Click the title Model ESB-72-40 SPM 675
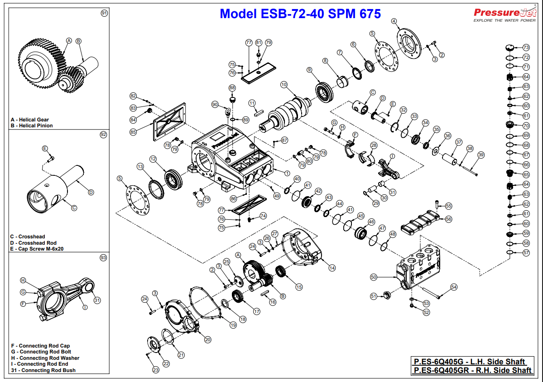[300, 14]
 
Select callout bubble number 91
[104, 13]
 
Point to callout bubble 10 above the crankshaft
[284, 84]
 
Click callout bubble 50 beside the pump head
[374, 276]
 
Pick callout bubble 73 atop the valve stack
[526, 47]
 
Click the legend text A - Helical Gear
[29, 120]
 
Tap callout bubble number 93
[103, 257]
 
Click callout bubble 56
[448, 219]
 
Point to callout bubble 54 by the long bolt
[454, 287]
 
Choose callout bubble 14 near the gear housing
[332, 268]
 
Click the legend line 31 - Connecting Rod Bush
[43, 370]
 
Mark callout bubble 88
[232, 87]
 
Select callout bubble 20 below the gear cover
[208, 339]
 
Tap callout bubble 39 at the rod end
[481, 155]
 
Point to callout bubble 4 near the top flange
[394, 21]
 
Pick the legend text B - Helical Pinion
[31, 126]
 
